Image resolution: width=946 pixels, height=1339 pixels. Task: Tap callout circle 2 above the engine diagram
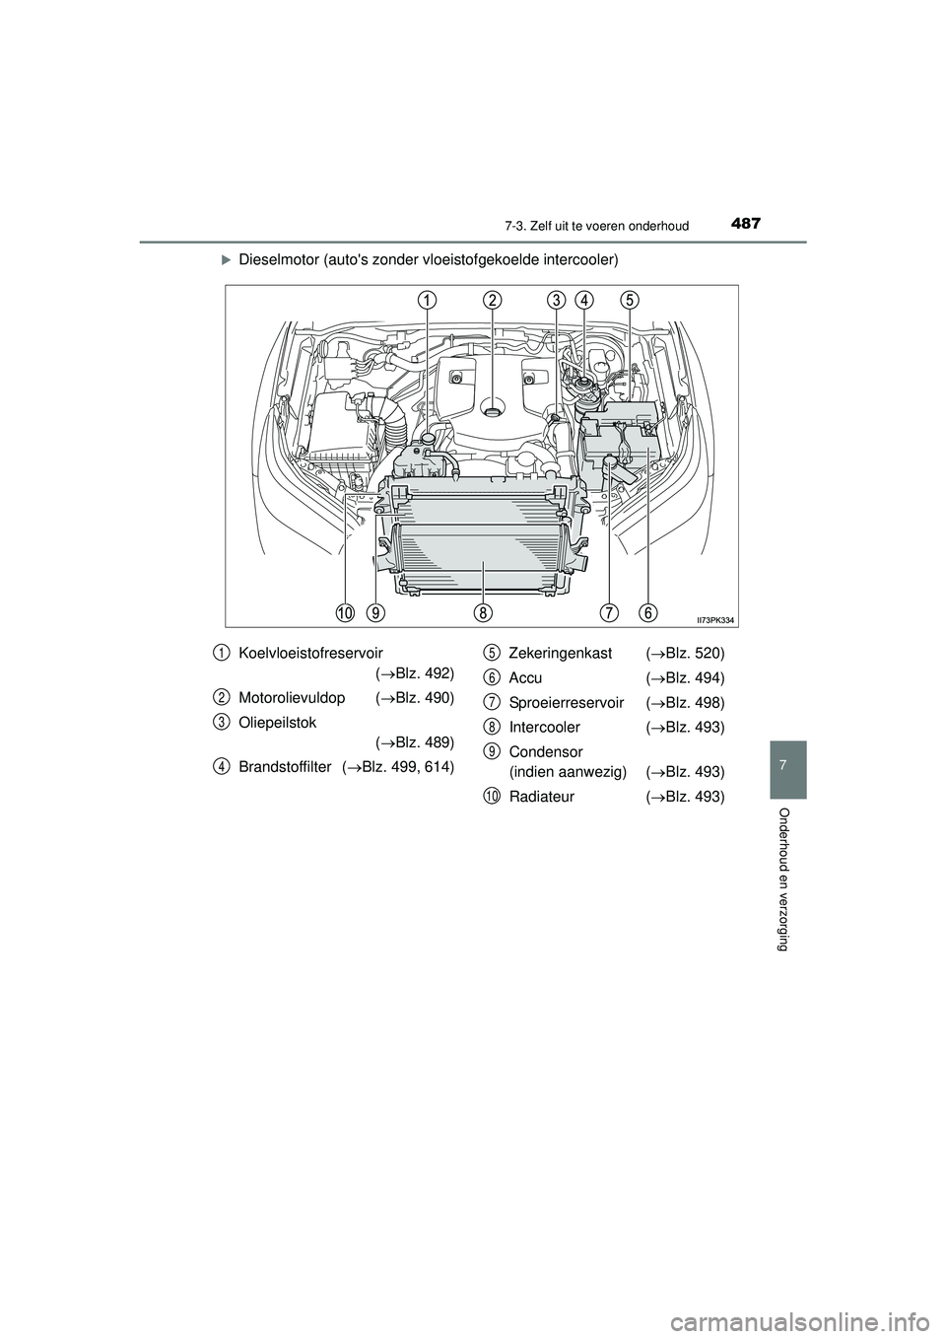tap(493, 299)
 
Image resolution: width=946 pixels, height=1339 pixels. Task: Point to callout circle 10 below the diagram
tap(344, 612)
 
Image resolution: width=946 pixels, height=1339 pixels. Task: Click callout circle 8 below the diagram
tap(482, 612)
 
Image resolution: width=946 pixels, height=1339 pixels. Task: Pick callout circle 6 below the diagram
tap(648, 612)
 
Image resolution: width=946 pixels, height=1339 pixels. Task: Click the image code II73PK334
tap(715, 619)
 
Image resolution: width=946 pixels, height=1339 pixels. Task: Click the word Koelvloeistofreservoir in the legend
tap(311, 653)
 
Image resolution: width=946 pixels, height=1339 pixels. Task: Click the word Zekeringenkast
tap(560, 654)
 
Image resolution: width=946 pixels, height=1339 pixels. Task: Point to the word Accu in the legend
tap(525, 678)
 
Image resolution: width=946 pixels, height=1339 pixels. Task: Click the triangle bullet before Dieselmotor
tap(225, 260)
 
